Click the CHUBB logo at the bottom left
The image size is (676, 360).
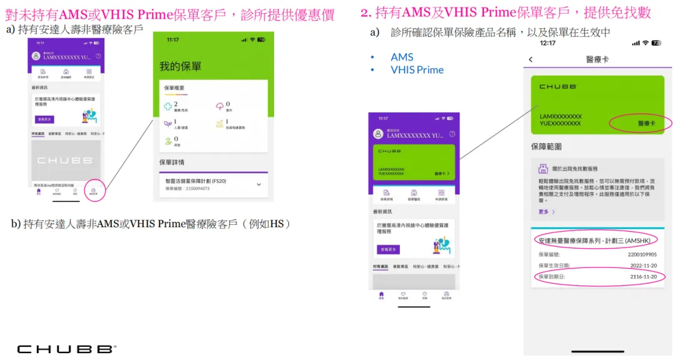pos(66,349)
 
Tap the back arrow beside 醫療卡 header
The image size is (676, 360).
pos(531,59)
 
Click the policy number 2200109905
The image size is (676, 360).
pos(642,255)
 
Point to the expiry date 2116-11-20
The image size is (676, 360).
pos(643,277)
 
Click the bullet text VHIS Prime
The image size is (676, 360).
pos(417,70)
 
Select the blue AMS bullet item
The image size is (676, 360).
pos(402,57)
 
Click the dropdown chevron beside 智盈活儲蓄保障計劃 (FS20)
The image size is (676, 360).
pos(259,184)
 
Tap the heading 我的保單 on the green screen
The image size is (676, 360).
pos(180,66)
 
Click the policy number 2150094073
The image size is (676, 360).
pos(188,188)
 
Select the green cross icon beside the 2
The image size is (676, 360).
pos(168,106)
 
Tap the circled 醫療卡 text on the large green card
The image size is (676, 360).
pos(646,123)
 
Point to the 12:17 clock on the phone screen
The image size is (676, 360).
pos(548,43)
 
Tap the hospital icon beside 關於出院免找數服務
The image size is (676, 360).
pos(543,169)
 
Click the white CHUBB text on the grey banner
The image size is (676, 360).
pos(65,160)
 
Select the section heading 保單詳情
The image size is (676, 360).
pos(172,162)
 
